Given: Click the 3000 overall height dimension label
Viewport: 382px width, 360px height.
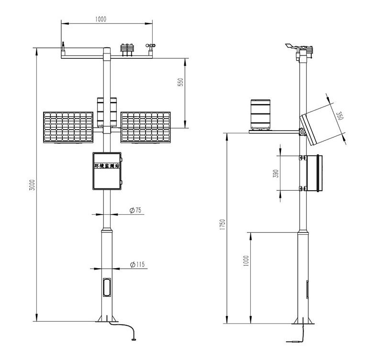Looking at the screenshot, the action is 32,185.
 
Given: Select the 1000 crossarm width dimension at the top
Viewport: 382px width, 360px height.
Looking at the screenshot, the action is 101,19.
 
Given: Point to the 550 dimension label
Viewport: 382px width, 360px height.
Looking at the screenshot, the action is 180,82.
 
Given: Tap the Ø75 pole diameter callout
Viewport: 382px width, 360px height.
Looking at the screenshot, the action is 135,210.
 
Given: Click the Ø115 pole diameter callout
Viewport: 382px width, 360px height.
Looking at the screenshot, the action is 137,264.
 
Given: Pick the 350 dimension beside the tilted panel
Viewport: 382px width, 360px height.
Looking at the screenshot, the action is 339,116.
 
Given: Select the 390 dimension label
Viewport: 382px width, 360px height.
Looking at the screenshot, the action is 276,174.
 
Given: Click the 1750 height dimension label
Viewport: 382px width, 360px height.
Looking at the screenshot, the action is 222,225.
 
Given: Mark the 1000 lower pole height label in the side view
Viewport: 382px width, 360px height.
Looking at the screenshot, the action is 246,261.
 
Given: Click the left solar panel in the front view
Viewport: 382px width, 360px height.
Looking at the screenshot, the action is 68,127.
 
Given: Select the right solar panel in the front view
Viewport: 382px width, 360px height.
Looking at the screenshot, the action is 146,127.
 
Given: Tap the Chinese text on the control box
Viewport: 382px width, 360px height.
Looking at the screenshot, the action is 107,166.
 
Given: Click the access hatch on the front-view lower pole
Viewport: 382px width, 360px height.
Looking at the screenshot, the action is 107,287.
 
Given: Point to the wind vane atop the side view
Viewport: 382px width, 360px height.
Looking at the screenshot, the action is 292,46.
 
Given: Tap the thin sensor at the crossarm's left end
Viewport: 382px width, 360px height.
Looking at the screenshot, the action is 63,49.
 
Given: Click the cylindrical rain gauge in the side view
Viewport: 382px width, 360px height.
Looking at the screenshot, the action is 260,114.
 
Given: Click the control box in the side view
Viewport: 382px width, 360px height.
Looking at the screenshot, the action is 315,173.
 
